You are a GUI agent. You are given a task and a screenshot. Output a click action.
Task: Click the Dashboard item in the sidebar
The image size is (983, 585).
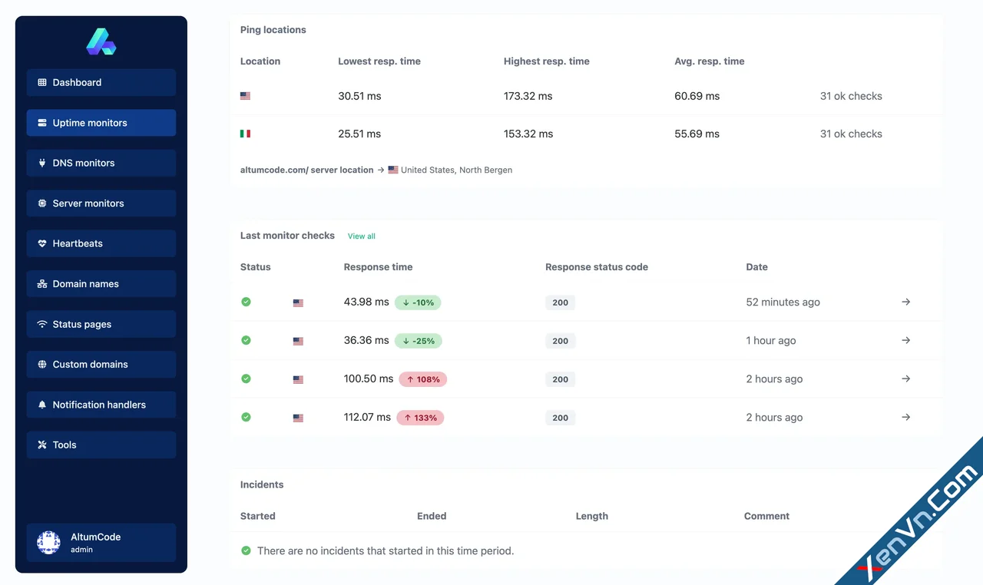coord(101,83)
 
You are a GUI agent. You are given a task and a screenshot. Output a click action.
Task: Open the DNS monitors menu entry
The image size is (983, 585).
coord(101,164)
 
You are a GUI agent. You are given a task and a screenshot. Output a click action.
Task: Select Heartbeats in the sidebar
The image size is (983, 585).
coord(101,244)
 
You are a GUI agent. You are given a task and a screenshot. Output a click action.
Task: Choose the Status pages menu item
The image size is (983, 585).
coord(101,325)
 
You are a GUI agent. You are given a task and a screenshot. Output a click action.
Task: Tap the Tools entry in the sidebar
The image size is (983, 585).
coord(101,445)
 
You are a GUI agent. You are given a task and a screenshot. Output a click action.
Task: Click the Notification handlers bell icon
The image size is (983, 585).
coord(42,405)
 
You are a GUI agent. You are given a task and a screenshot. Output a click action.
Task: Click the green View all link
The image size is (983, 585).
coord(361,236)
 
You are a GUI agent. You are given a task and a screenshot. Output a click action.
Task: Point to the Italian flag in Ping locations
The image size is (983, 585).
coord(245,134)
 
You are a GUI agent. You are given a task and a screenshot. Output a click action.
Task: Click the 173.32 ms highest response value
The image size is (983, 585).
coord(528,96)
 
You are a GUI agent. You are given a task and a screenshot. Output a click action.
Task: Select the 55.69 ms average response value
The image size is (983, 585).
coord(697,134)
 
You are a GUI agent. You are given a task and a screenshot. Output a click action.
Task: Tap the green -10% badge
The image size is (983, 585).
coord(418,302)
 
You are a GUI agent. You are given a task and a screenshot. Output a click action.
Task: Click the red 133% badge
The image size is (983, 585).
coord(421,418)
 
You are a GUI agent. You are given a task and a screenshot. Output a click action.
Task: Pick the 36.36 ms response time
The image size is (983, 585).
coord(366,340)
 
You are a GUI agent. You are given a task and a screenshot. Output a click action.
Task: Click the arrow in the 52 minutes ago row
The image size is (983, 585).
coord(906,302)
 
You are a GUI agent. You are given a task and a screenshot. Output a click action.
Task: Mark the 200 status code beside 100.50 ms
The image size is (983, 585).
coord(561,379)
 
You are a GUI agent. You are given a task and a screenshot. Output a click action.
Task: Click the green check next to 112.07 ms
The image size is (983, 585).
coord(246,417)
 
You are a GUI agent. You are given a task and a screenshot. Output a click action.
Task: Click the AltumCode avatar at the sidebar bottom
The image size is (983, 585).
coord(48,543)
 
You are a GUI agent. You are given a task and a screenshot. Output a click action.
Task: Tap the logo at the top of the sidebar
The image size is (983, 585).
coord(101,41)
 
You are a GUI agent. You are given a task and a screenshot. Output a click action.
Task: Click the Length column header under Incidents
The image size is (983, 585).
coord(592,516)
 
